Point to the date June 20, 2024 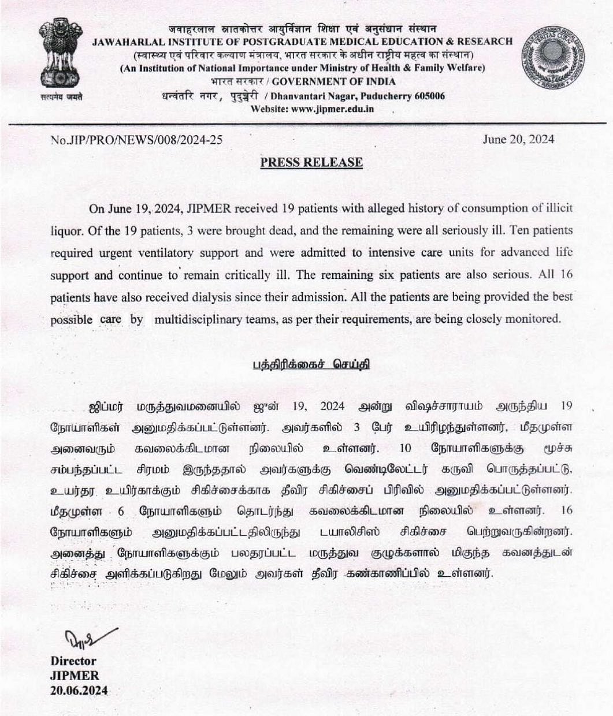coord(518,139)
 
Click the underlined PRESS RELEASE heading coord(311,162)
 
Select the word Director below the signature coord(73,661)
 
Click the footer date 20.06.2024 coord(79,691)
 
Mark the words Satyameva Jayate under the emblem coord(61,96)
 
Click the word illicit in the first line coord(559,208)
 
